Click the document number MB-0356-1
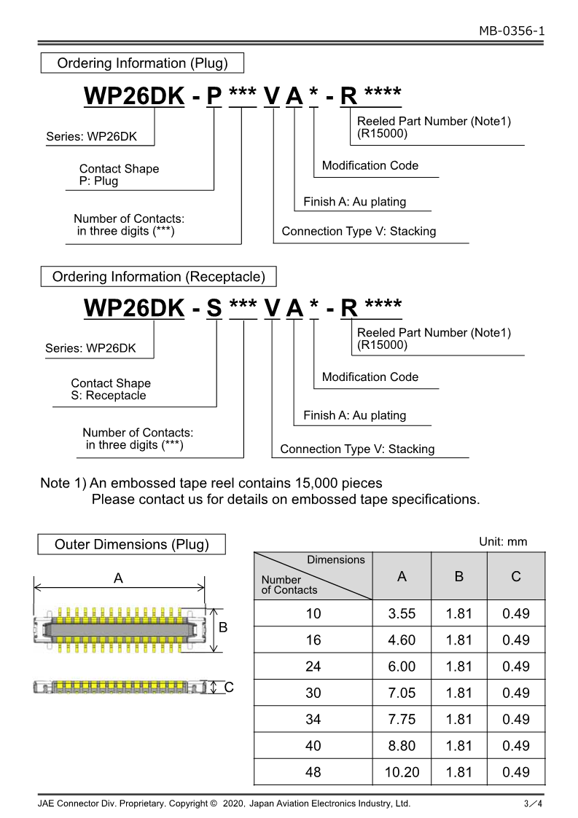pos(512,31)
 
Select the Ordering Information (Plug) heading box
pos(142,63)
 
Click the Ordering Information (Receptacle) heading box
pos(158,277)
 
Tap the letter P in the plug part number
pos(214,95)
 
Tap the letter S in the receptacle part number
pos(214,308)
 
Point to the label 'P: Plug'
pos(98,181)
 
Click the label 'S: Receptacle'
pos(108,396)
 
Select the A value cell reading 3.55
pos(402,614)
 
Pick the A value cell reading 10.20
pos(402,772)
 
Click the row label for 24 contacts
pos(313,666)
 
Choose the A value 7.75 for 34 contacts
pos(402,720)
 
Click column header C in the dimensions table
pos(516,577)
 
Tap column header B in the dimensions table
pos(459,577)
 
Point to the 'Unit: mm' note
pos(503,542)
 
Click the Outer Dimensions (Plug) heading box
pos(132,544)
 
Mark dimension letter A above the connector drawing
pos(118,578)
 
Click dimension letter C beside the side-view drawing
pos(228,687)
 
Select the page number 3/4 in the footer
pos(534,804)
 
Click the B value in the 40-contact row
pos(459,746)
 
